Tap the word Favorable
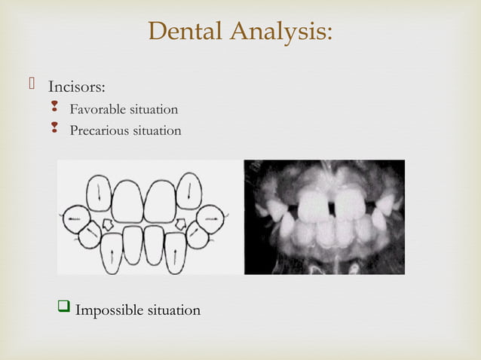point(97,110)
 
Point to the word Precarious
point(99,130)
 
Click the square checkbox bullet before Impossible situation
point(65,308)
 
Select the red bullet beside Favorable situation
point(54,110)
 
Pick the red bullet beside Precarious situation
point(54,130)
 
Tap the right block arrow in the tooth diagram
point(181,224)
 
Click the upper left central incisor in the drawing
point(127,202)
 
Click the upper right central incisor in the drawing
point(160,202)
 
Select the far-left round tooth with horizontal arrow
point(75,218)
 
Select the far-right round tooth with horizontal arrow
point(213,218)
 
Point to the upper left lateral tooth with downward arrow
point(99,192)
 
